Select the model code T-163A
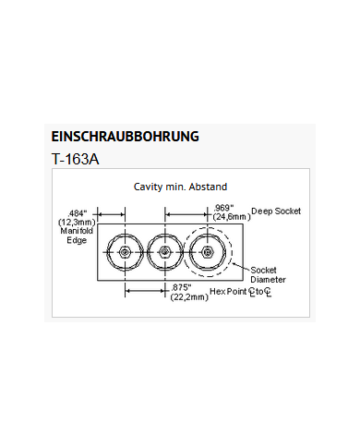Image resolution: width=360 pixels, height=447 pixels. point(77,158)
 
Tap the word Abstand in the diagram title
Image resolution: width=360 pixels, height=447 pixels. point(207,187)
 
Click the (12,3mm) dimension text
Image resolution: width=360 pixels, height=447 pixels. point(76,223)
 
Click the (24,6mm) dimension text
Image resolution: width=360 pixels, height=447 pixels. point(231,217)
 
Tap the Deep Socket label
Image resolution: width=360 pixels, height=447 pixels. point(275,211)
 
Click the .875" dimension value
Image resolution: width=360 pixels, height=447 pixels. point(182,287)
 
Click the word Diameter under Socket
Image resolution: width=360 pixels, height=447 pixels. point(267,278)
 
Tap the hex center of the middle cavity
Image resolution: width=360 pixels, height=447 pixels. point(163,250)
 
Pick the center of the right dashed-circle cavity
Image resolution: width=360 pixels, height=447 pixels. point(207,250)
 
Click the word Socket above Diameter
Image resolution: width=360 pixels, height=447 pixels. point(266,269)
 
